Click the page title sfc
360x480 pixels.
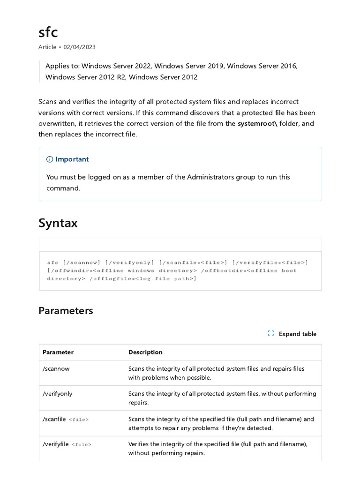[x=48, y=32]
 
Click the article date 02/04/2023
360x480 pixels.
[x=79, y=47]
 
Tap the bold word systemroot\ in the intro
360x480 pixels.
[x=257, y=123]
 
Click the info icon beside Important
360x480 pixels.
[x=50, y=159]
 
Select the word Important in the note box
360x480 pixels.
[x=72, y=159]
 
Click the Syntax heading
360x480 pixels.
[x=58, y=223]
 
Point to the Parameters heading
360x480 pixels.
[x=66, y=311]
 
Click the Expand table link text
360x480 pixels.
[x=297, y=334]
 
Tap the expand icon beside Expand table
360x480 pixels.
[x=270, y=334]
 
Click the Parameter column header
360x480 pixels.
[x=58, y=352]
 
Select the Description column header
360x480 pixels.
[x=145, y=352]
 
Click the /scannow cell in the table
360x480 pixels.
[x=56, y=369]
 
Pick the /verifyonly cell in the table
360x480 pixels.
[x=58, y=394]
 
